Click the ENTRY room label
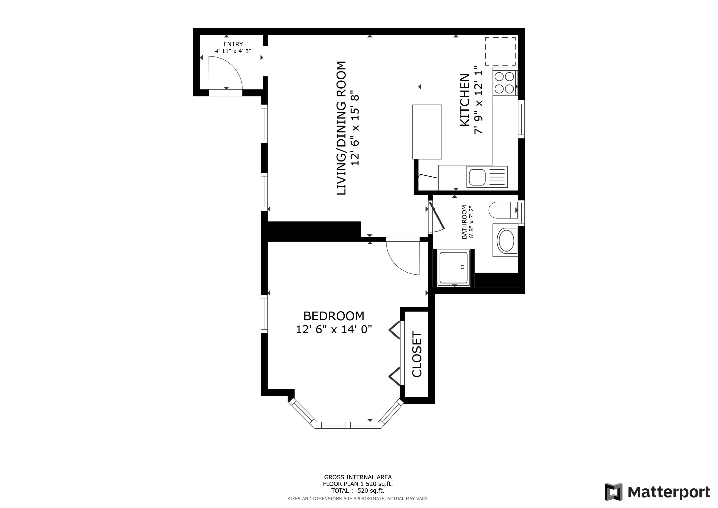click(233, 44)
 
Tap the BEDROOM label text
click(334, 316)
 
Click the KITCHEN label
click(465, 100)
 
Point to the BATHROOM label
click(464, 222)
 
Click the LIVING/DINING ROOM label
click(341, 128)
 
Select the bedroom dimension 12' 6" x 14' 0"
click(334, 329)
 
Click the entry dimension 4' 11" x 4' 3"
click(233, 51)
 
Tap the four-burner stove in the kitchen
click(505, 83)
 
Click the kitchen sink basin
click(477, 177)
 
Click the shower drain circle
click(462, 267)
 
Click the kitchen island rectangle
click(427, 132)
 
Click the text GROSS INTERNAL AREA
click(358, 477)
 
